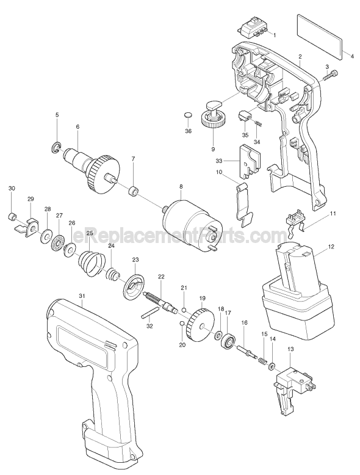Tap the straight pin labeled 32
click(150, 313)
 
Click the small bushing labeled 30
click(12, 217)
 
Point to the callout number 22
click(160, 276)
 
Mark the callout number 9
click(212, 149)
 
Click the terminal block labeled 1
click(253, 31)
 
